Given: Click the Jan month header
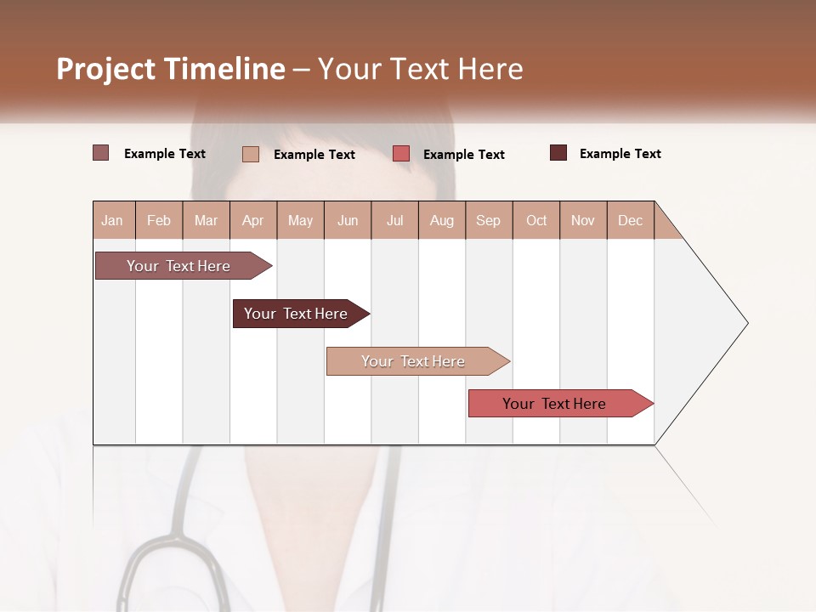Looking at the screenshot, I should [x=112, y=220].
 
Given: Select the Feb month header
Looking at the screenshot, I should [x=159, y=220].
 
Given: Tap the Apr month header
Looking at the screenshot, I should [x=252, y=220].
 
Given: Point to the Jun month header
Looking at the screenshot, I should [x=348, y=220].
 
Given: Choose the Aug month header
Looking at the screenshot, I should [x=441, y=220].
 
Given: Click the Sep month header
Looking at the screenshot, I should [x=488, y=220].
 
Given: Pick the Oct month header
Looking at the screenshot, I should [x=536, y=220].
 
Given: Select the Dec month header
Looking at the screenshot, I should [x=630, y=220].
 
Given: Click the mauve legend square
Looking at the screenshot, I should [x=100, y=153].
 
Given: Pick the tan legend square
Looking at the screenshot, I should [x=250, y=154].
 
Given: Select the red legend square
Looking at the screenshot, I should [x=401, y=154].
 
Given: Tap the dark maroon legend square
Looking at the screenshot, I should [x=558, y=153].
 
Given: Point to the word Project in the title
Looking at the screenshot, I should [x=105, y=69].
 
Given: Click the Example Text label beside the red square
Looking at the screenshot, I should [x=463, y=155].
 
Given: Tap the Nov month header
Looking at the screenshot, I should [x=583, y=220].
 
